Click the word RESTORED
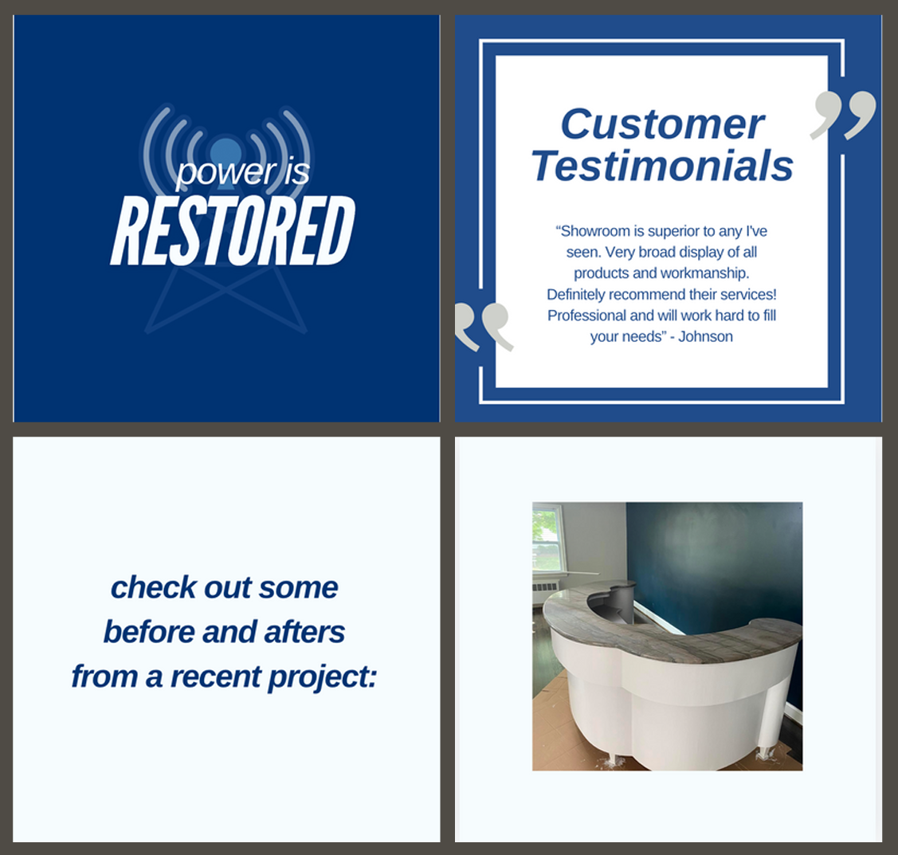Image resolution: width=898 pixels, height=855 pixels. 233,230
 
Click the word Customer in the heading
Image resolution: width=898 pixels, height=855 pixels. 663,124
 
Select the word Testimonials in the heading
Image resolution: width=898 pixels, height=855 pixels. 662,166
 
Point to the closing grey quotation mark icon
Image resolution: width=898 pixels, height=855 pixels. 843,115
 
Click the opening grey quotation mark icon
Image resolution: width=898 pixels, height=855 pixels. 484,327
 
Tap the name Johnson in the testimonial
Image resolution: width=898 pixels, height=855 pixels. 706,336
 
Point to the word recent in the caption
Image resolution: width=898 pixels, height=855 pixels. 216,677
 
